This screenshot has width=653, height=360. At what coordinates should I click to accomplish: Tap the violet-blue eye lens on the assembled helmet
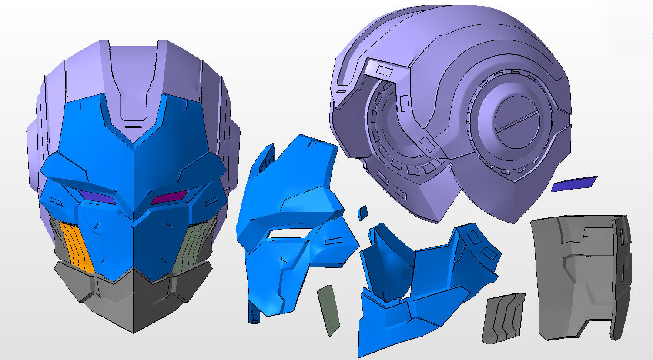(x=97, y=197)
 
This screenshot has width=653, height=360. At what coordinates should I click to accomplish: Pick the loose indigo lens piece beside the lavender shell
(x=574, y=183)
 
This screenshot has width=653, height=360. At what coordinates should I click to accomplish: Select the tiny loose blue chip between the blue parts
(x=362, y=213)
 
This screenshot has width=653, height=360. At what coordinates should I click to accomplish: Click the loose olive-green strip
(x=328, y=310)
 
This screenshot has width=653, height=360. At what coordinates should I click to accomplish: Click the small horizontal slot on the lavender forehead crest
(x=133, y=127)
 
